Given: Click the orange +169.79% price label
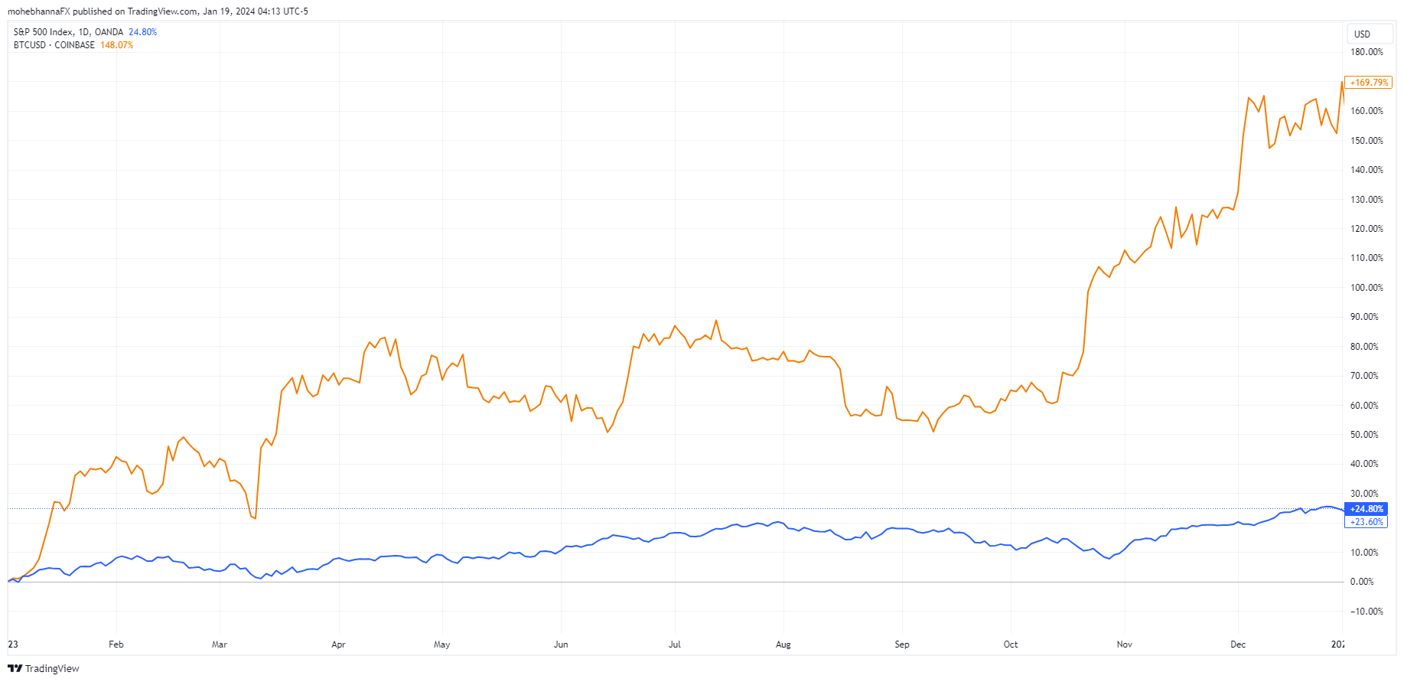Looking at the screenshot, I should (1369, 82).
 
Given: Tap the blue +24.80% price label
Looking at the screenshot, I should (1367, 509).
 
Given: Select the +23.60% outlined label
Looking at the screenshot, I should (1367, 522).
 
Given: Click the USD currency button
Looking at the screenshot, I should (1362, 34).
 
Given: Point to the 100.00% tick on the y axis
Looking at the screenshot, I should (1367, 288).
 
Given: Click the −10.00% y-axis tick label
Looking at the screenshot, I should (1367, 612).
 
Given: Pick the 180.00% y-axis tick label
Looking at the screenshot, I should (1367, 52).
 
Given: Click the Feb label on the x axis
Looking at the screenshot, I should (116, 644).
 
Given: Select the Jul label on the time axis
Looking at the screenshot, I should (675, 644).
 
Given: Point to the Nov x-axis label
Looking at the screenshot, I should (1125, 644).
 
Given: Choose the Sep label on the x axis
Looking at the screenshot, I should (902, 644).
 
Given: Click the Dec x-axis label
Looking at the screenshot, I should (1238, 644).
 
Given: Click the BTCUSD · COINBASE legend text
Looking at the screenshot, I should (54, 45).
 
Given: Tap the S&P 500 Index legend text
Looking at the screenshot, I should (44, 32).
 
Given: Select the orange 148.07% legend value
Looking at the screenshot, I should (117, 45).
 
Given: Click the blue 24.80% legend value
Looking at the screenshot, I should (142, 32).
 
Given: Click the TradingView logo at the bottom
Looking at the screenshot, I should (44, 668).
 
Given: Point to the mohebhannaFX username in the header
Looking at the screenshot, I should (38, 11).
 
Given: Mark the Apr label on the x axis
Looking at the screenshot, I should (338, 644).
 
